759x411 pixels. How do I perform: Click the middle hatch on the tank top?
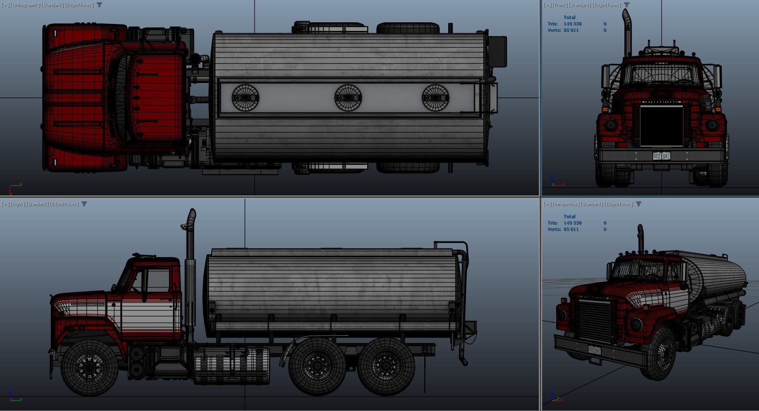click(348, 98)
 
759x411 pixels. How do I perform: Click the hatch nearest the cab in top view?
click(245, 98)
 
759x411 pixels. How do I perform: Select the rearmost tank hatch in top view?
click(435, 98)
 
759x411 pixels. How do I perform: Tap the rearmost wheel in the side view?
click(386, 366)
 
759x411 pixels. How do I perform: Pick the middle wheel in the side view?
click(317, 366)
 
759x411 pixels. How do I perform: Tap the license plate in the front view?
click(661, 156)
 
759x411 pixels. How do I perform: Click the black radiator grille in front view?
click(661, 126)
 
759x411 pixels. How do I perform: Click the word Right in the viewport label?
click(17, 204)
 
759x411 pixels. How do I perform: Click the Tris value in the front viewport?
click(572, 24)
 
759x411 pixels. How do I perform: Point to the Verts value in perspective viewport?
click(571, 229)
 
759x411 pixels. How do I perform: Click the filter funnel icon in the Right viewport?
click(84, 204)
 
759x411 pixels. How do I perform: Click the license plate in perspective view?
click(594, 350)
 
